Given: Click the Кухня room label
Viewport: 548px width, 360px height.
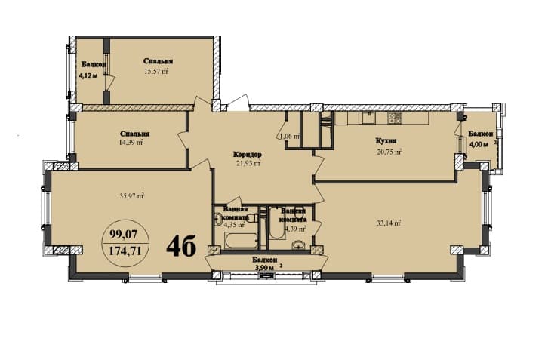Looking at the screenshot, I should click(386, 141).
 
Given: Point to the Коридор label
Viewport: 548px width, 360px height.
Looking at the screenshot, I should click(247, 152).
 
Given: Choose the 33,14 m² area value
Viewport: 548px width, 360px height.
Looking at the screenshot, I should click(388, 223).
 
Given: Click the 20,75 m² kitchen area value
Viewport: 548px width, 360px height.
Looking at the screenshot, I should click(389, 152).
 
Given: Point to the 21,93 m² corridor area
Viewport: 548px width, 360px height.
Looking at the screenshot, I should click(247, 162).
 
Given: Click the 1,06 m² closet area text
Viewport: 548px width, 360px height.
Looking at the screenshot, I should click(289, 137).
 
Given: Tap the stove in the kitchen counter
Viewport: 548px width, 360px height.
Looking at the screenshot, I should click(393, 118).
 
